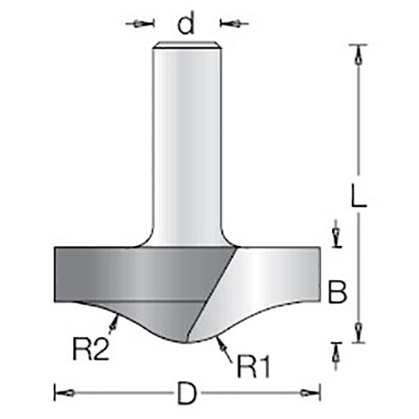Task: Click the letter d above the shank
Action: click(x=186, y=23)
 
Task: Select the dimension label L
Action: click(x=359, y=195)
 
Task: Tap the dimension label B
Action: click(x=337, y=292)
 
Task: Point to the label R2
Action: click(x=91, y=350)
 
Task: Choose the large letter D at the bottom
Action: click(x=187, y=393)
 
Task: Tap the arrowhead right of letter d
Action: click(x=233, y=24)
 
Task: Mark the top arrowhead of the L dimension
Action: click(x=359, y=57)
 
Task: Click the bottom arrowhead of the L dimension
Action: click(x=359, y=331)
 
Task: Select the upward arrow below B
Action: click(x=336, y=356)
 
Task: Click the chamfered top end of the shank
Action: click(x=186, y=44)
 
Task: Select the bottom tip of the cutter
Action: click(x=187, y=342)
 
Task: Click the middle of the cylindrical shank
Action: click(x=187, y=145)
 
